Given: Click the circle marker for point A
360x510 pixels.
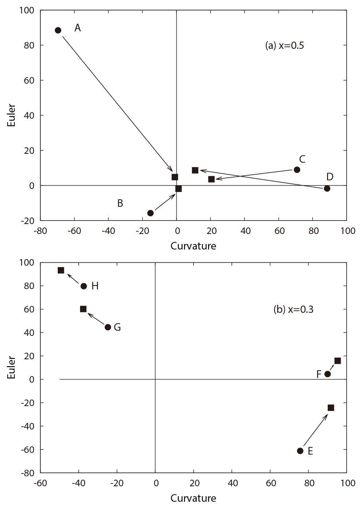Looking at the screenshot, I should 58,30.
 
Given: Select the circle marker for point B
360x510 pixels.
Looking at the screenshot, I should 150,213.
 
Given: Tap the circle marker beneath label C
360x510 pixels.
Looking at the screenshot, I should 297,170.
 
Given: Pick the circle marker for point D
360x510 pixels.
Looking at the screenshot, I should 327,188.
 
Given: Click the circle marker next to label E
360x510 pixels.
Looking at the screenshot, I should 300,451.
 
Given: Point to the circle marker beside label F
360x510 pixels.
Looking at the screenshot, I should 328,374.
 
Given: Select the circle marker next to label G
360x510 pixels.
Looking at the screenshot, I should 108,327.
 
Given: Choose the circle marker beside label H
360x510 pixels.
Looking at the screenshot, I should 84,286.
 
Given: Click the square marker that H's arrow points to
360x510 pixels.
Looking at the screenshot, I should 61,270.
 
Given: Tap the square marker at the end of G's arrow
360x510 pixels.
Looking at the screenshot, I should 83,309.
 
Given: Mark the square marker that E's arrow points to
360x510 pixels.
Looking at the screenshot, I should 331,408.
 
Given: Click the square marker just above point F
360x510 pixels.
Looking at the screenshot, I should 338,361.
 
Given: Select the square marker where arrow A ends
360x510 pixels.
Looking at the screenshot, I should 175,177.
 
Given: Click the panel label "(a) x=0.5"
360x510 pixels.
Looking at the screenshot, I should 284,45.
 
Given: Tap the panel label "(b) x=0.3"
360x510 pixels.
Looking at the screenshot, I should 293,309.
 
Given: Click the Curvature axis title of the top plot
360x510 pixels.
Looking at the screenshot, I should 193,246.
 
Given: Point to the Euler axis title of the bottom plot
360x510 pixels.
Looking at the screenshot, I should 11,368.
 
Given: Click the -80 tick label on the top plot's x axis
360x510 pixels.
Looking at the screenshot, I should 40,231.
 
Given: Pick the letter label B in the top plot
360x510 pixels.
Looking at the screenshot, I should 120,203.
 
